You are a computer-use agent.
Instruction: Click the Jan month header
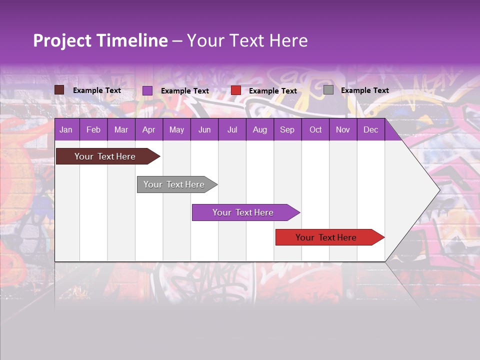(x=66, y=129)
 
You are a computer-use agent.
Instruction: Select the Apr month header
(x=149, y=129)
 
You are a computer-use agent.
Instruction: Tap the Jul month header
(x=232, y=129)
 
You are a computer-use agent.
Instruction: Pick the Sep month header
(x=287, y=129)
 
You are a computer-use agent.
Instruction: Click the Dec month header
(x=370, y=129)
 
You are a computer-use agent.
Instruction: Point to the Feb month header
(x=93, y=129)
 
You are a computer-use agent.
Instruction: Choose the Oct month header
(x=315, y=129)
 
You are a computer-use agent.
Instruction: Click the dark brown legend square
(x=59, y=90)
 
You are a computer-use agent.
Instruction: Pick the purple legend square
(x=147, y=90)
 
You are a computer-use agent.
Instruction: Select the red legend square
(x=236, y=90)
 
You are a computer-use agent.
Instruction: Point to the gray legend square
(x=328, y=90)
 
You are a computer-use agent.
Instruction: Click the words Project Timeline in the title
(x=100, y=40)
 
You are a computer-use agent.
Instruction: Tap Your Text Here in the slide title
(x=247, y=40)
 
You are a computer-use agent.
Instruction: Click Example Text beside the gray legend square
(x=365, y=90)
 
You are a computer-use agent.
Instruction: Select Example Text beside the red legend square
(x=273, y=91)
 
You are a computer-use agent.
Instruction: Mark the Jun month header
(x=204, y=129)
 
